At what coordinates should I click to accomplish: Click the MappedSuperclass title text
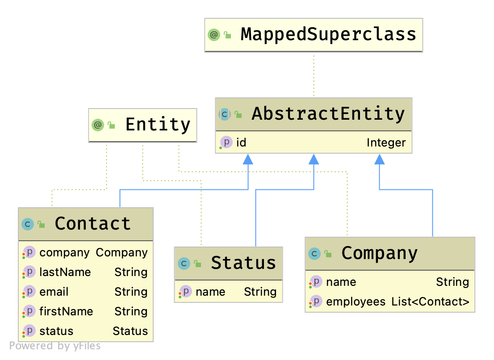click(328, 34)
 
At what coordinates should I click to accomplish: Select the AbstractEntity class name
click(328, 114)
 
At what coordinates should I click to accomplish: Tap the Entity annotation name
click(158, 125)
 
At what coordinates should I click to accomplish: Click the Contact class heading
click(92, 223)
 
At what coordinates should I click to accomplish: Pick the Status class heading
click(243, 263)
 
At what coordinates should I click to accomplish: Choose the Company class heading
click(379, 253)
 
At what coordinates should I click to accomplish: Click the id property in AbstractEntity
click(241, 143)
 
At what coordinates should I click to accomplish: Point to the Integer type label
click(386, 143)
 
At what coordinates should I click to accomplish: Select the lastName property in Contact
click(65, 272)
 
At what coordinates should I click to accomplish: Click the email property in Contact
click(54, 292)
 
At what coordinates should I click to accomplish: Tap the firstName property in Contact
click(66, 311)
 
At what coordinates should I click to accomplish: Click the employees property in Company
click(356, 301)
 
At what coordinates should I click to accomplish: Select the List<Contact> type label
click(430, 301)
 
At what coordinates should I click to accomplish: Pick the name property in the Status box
click(210, 292)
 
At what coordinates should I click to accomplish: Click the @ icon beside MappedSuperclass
click(214, 35)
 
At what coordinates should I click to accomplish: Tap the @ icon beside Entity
click(98, 125)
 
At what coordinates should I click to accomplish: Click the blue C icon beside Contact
click(28, 224)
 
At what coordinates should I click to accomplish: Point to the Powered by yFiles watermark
click(54, 346)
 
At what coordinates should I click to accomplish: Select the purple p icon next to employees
click(316, 301)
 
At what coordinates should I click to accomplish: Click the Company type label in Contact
click(121, 252)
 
